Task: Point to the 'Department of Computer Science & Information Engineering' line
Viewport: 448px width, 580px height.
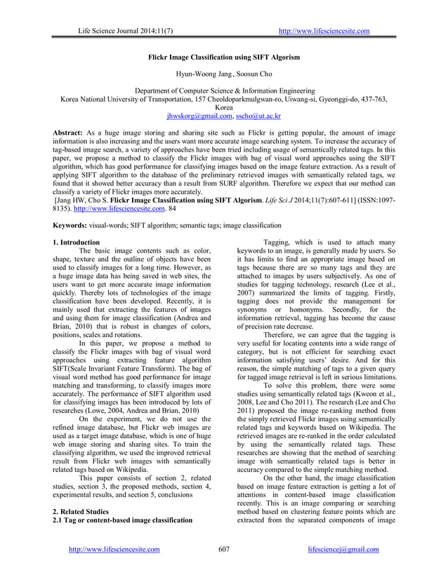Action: (x=223, y=91)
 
